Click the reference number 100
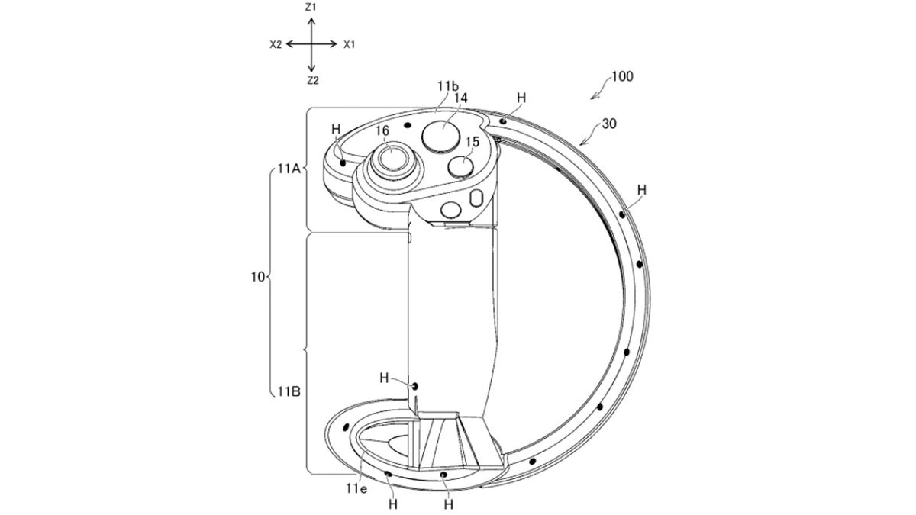click(622, 76)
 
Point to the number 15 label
click(472, 141)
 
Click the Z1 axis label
click(311, 7)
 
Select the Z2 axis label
click(311, 80)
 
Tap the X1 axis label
click(350, 44)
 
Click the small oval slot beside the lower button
click(477, 199)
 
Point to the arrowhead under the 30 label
click(583, 142)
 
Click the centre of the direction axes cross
click(311, 44)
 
